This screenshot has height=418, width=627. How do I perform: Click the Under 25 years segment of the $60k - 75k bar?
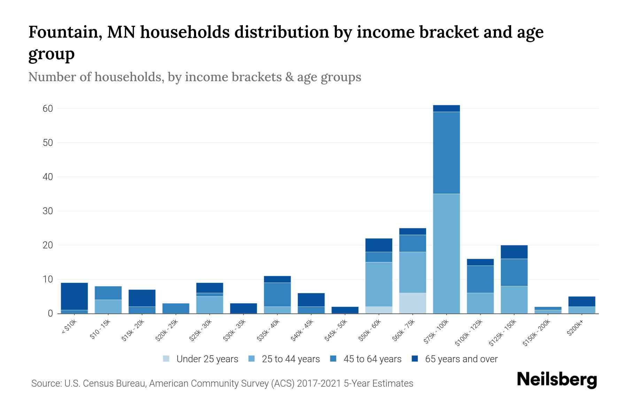tap(412, 303)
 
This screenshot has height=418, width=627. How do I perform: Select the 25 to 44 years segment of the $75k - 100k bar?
tap(446, 253)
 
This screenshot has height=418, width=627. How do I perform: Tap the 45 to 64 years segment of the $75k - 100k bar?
tap(446, 153)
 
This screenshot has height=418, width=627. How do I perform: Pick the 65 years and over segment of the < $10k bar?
tap(74, 296)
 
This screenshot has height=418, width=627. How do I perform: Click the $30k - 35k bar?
tap(243, 308)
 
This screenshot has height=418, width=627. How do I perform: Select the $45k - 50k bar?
tap(345, 310)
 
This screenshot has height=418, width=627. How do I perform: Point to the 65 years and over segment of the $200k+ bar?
tap(581, 301)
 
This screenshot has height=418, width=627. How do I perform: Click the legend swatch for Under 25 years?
tap(167, 359)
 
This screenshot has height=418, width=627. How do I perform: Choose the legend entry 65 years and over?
tap(461, 359)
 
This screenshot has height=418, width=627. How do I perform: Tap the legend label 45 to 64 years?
tap(372, 359)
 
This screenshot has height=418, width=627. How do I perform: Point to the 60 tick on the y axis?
tap(48, 109)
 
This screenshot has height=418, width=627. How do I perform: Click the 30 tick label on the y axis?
tap(48, 211)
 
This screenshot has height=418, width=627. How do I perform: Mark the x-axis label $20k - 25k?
tap(166, 331)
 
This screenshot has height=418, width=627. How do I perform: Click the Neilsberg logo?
tap(557, 380)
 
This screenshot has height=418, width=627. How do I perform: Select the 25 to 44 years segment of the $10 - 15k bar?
tap(108, 307)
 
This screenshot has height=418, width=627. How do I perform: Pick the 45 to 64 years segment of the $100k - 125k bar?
tap(480, 279)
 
